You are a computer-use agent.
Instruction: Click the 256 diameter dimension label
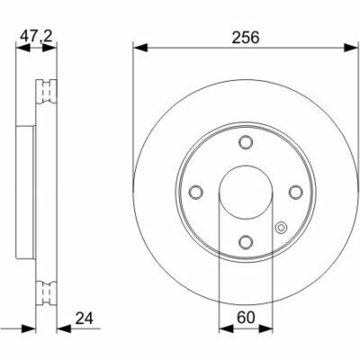[246, 38]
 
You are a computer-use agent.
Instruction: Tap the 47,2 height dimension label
[36, 36]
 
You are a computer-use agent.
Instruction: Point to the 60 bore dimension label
[246, 318]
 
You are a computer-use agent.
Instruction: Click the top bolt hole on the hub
[246, 142]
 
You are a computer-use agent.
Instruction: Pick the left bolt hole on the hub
[196, 192]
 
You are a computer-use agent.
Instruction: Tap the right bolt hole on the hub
[296, 192]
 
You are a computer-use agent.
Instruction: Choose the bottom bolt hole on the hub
[246, 241]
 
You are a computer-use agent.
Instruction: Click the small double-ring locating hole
[281, 228]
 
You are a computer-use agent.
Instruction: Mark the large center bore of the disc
[246, 192]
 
